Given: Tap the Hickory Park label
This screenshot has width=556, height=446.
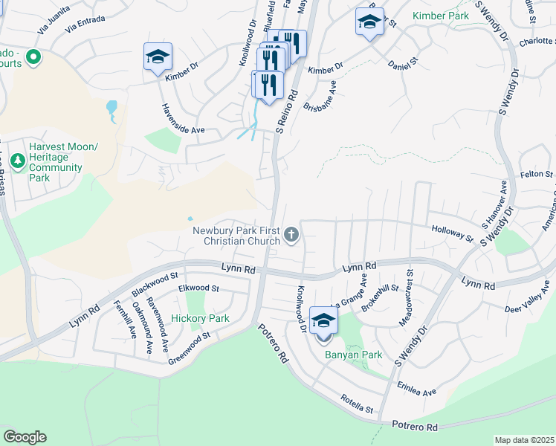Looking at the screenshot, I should coord(200,318).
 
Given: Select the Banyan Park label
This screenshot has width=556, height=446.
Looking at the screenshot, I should coord(353,355).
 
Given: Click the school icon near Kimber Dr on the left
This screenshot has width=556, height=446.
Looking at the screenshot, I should coord(157,58).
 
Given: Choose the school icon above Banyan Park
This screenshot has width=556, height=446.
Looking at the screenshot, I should coord(323,320).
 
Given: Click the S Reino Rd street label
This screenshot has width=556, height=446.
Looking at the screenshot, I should coord(287,111).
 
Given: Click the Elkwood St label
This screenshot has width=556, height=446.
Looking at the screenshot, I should coord(198,288).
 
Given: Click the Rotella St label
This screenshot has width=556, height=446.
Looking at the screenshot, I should coord(357,404).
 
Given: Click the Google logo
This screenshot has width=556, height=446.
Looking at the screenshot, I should coord(25,437).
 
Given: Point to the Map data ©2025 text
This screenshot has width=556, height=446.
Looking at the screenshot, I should coord(523,440).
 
